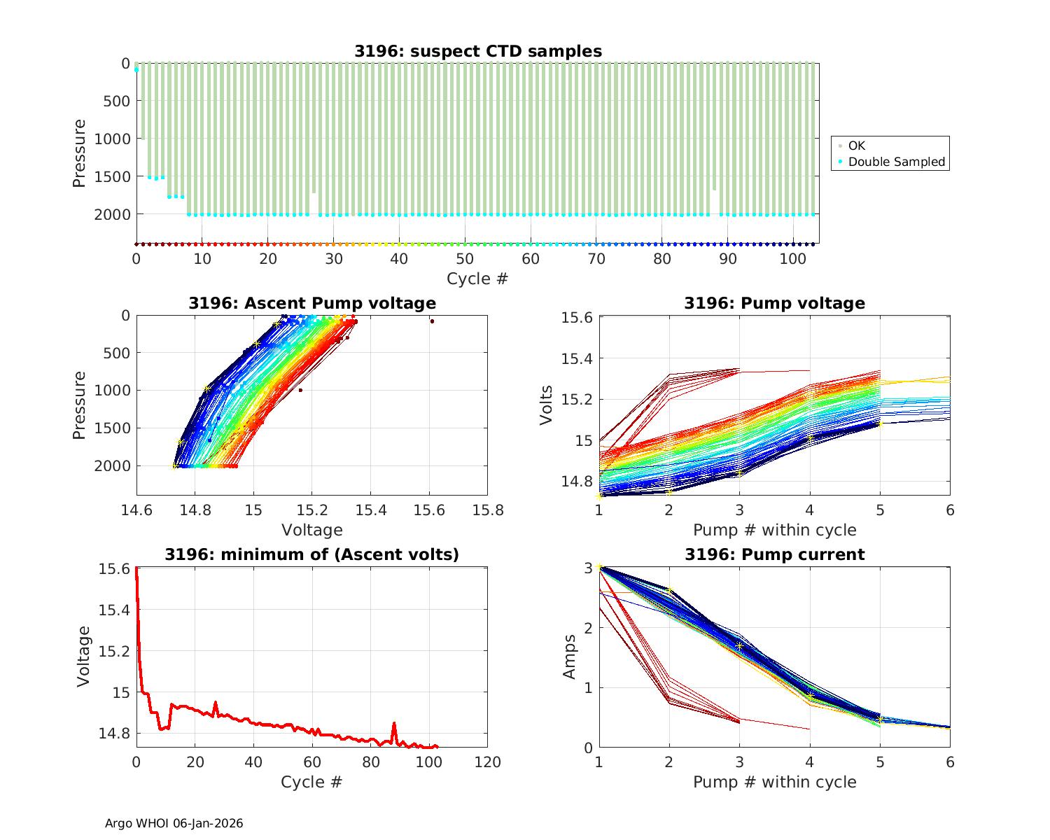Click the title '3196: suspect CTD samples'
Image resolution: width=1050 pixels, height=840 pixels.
click(x=477, y=51)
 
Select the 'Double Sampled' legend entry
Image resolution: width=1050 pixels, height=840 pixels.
click(x=896, y=162)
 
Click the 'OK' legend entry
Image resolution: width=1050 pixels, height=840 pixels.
click(x=856, y=146)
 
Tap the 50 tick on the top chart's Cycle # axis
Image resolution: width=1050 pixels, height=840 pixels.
click(x=465, y=259)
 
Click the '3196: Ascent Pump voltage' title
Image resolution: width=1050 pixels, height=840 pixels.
click(x=312, y=303)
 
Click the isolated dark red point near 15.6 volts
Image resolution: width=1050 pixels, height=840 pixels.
click(x=432, y=321)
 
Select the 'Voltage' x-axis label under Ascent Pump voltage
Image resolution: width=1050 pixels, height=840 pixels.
click(x=312, y=530)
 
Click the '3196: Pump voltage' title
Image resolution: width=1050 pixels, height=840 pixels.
click(x=774, y=303)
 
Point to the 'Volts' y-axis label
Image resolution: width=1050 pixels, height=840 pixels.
click(x=547, y=405)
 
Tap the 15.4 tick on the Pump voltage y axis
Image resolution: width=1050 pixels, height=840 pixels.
click(x=578, y=359)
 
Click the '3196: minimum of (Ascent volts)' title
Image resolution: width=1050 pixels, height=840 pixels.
click(x=312, y=554)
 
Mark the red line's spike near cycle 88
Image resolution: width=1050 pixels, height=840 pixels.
click(x=394, y=724)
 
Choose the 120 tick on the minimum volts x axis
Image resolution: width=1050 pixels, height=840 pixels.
click(x=487, y=762)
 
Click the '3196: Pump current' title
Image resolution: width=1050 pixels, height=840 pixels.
click(x=774, y=554)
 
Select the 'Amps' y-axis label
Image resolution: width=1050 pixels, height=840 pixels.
click(x=570, y=656)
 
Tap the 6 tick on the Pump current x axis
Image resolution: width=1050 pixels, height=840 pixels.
click(x=950, y=762)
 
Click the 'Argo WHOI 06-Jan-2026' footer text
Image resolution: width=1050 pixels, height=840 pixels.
click(x=174, y=823)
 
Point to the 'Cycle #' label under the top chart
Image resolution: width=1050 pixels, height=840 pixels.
click(x=477, y=279)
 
